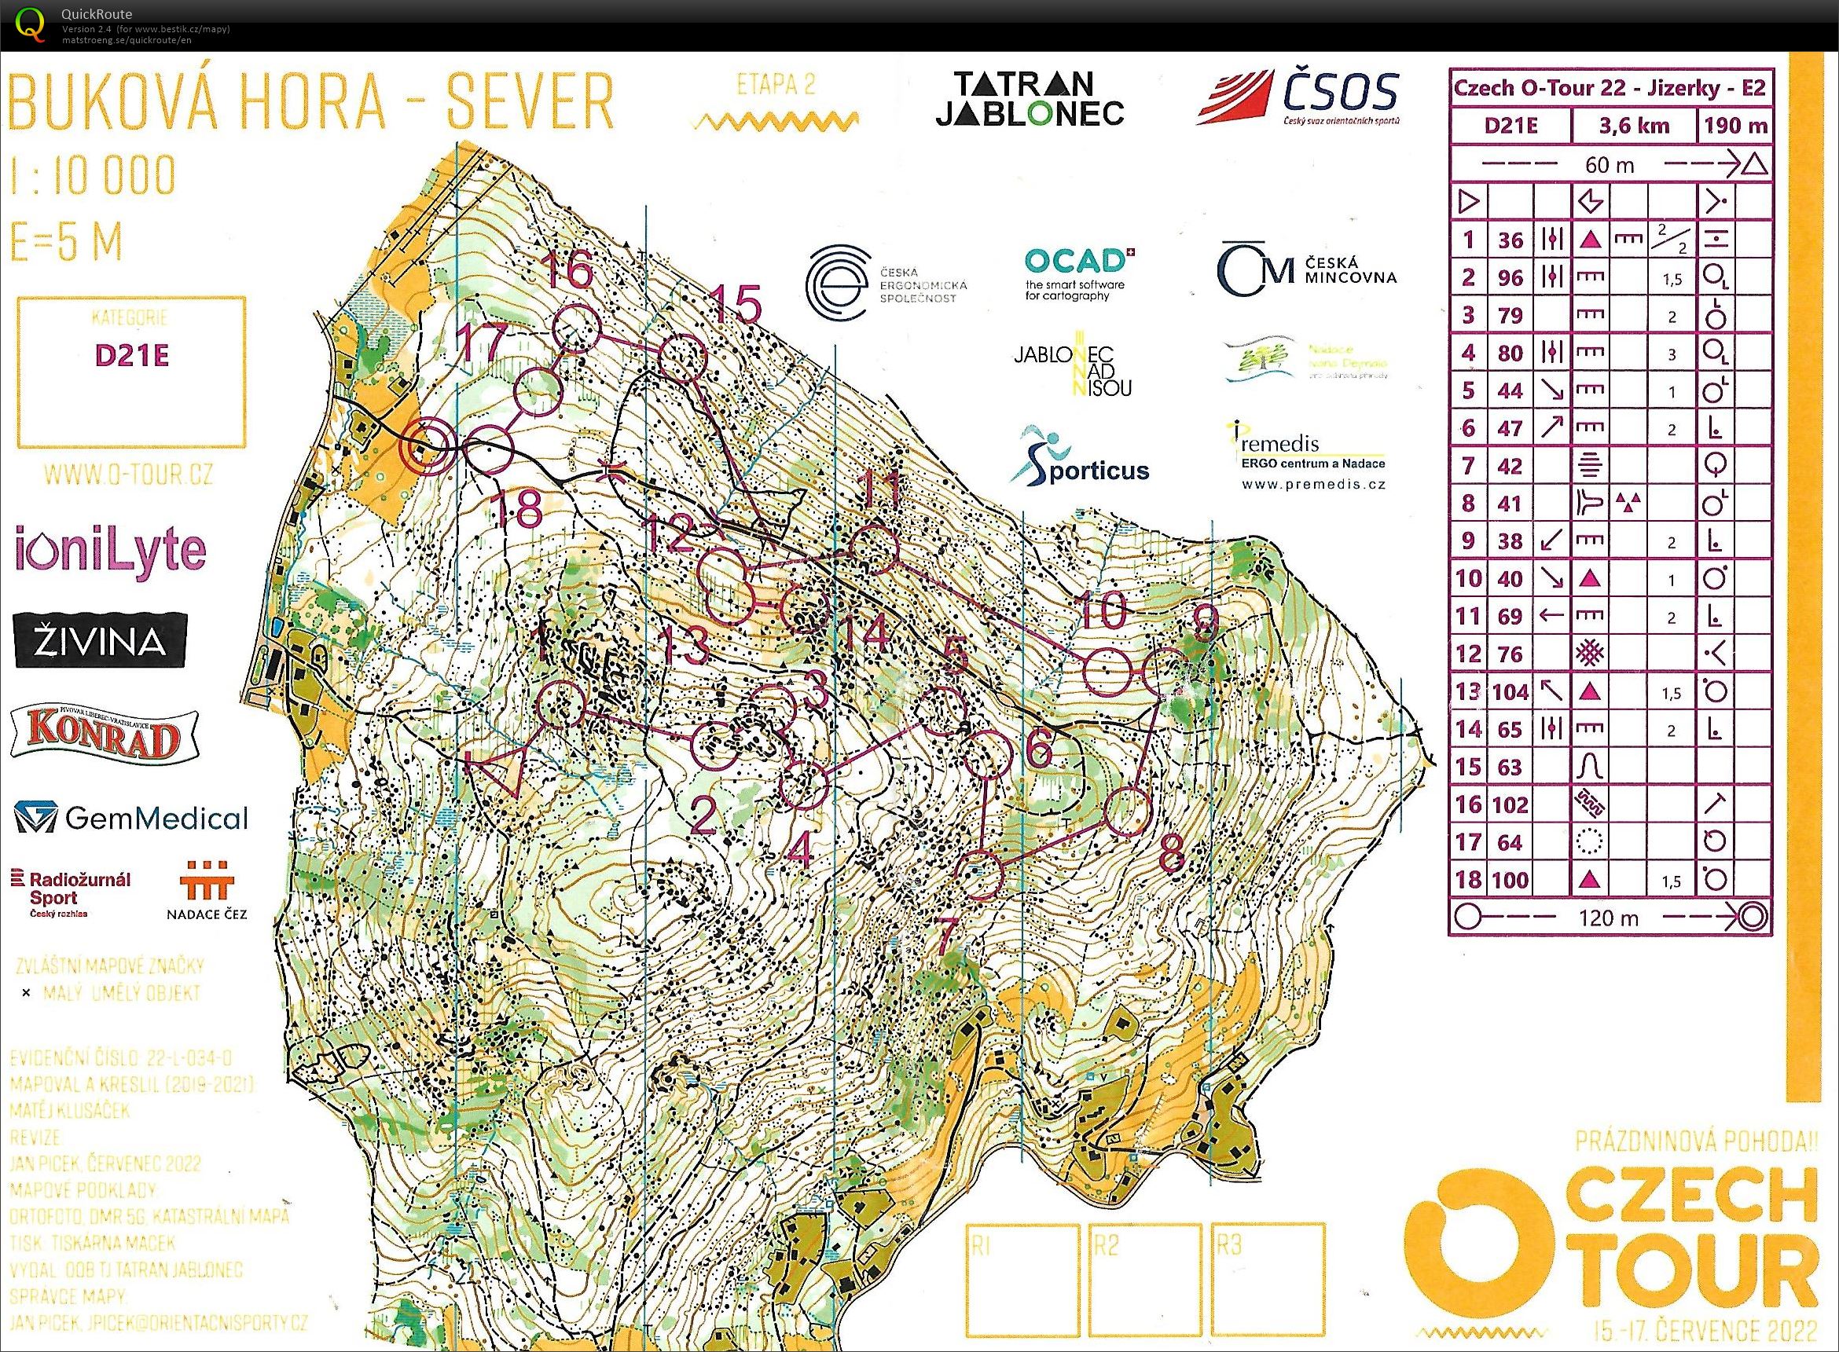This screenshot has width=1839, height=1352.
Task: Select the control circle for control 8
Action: pos(1128,811)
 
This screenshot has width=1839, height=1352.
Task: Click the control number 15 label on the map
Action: pos(736,306)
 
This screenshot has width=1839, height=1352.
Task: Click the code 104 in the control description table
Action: pos(1510,691)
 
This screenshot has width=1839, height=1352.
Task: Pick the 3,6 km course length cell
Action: pos(1632,126)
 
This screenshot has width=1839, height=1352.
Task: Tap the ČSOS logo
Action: pos(1298,97)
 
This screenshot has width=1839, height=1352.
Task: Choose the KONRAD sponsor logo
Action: pos(105,734)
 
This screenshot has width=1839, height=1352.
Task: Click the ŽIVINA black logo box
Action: pos(101,641)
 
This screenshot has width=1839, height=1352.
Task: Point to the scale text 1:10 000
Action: pos(93,174)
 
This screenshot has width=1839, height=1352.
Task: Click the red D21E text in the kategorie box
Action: pos(131,355)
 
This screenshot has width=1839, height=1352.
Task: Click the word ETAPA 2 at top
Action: pos(775,86)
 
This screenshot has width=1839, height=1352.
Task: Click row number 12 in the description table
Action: pos(1468,654)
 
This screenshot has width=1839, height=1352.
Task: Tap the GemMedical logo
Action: pos(131,818)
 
